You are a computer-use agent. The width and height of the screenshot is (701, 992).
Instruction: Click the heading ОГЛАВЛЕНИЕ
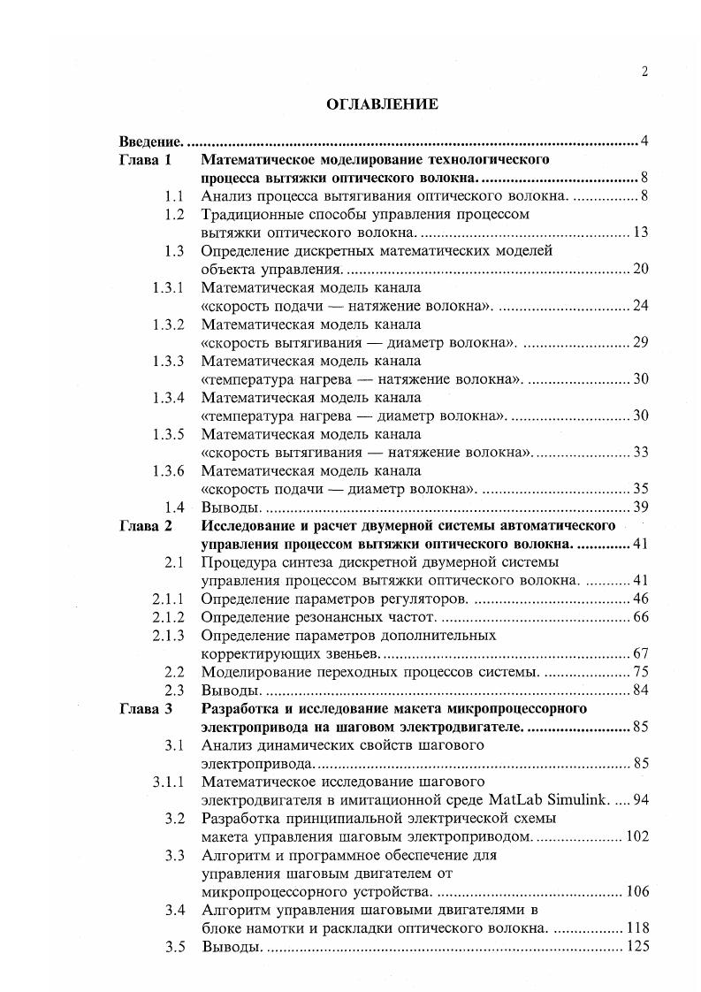click(382, 104)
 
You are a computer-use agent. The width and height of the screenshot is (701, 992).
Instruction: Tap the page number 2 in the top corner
click(645, 72)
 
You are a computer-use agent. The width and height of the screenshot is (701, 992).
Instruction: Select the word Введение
click(151, 141)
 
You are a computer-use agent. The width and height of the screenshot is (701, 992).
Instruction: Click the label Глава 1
click(147, 160)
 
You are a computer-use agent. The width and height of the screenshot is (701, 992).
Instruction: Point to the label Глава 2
click(147, 525)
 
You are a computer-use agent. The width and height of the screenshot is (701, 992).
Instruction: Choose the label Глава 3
click(147, 709)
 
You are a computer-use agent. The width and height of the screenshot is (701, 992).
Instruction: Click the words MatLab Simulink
click(560, 800)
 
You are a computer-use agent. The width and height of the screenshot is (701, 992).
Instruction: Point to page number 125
click(637, 947)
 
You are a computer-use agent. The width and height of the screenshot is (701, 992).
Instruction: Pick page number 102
click(637, 836)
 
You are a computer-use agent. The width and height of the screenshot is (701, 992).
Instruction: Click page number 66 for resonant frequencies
click(642, 616)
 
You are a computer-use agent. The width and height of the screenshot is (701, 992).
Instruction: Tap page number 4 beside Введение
click(645, 141)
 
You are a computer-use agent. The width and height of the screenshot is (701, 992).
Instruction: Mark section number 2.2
click(174, 672)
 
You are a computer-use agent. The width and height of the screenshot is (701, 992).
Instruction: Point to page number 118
click(637, 928)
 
